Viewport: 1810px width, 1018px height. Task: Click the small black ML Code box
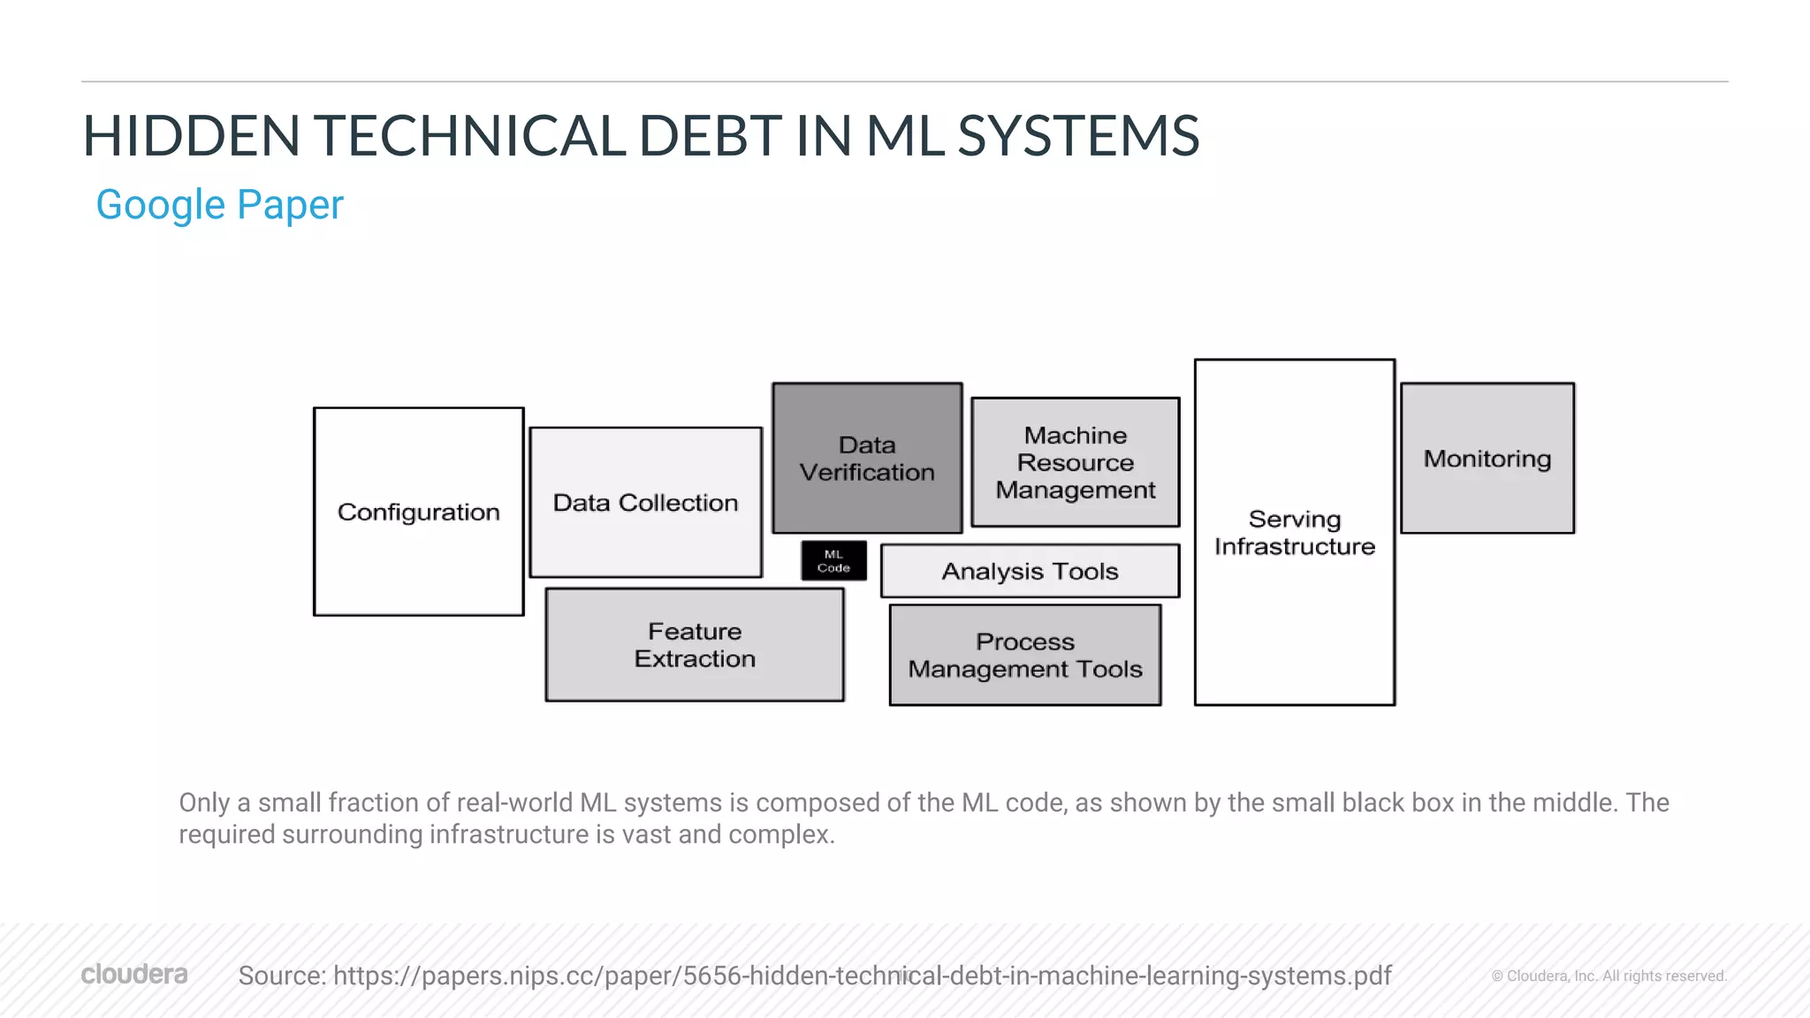click(833, 560)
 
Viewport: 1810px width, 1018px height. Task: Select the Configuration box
click(419, 512)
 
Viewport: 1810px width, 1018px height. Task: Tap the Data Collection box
click(645, 502)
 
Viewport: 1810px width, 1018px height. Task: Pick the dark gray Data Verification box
click(867, 458)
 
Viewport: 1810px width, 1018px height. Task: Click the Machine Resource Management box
click(1075, 462)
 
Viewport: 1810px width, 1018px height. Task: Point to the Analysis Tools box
click(1030, 571)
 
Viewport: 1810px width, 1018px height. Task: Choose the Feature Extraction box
click(695, 645)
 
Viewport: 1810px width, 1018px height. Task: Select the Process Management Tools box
click(1025, 655)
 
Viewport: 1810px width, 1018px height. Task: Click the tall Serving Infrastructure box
click(1295, 532)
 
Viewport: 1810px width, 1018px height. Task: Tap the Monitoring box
click(1487, 458)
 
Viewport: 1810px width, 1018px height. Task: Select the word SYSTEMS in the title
click(1078, 136)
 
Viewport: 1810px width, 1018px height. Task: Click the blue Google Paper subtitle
click(219, 205)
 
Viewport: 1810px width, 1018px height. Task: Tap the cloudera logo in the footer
click(134, 974)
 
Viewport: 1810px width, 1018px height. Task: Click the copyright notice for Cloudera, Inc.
click(1608, 976)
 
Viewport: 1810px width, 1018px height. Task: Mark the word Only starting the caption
click(204, 802)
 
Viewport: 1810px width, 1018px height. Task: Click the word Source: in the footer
click(282, 976)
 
